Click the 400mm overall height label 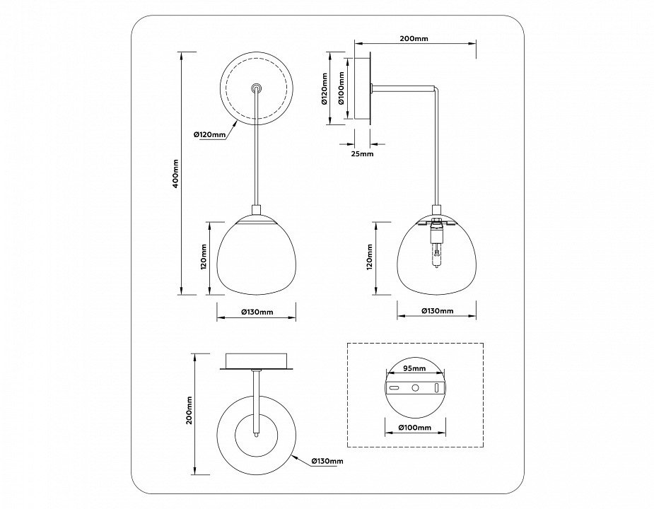pos(175,173)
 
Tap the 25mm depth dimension pos(361,153)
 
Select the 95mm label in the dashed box pos(414,368)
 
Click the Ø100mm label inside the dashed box pos(414,428)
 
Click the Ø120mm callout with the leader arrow pos(209,134)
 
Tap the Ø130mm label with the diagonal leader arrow pos(327,461)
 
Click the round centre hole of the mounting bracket pos(416,387)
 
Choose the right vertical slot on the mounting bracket pos(436,387)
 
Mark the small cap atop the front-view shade pos(256,210)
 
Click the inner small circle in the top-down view pos(256,431)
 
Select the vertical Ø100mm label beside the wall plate pos(341,89)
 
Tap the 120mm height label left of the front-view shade pos(203,258)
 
